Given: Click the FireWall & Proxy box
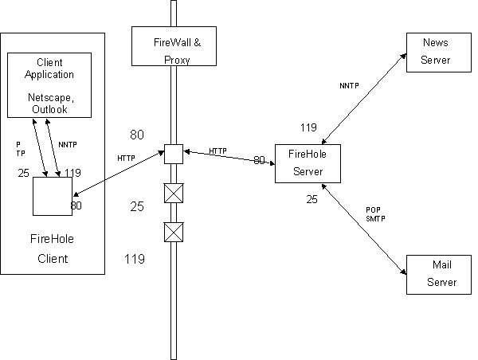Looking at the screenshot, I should tap(172, 46).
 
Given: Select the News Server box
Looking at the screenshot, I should tap(436, 53).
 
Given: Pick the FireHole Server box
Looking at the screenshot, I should tap(307, 163).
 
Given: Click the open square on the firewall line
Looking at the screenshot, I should tap(173, 153).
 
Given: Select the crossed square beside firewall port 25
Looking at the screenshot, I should tap(173, 194).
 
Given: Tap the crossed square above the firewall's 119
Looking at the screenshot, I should tap(173, 232).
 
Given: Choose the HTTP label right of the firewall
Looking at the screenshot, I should tap(218, 151).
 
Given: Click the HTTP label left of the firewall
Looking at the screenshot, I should tap(126, 158).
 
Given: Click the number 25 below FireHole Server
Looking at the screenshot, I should tap(311, 199).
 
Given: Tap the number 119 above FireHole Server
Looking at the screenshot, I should tap(308, 127).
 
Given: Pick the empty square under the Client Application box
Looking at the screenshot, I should tap(53, 196).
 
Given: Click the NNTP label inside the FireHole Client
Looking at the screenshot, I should tap(68, 145).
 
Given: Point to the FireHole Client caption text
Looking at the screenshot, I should tap(53, 247).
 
